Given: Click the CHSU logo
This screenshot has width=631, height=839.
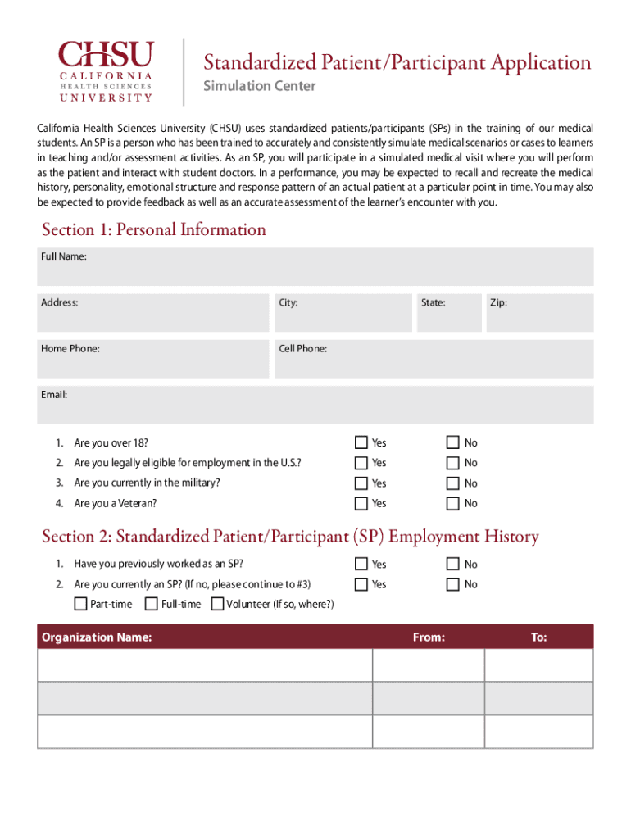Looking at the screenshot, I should (x=105, y=71).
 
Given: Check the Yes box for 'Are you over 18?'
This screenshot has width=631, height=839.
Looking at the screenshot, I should (x=361, y=442).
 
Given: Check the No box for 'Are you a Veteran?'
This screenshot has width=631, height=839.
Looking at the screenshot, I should (x=453, y=503).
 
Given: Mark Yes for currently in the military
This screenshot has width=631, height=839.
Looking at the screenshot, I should (x=361, y=483).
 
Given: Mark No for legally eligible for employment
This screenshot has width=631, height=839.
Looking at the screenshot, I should (x=453, y=463).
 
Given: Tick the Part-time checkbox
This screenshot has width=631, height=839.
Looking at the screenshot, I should (x=80, y=604).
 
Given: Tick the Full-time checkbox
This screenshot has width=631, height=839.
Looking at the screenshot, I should (x=152, y=604).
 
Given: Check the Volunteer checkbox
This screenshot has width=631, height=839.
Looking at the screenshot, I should (x=217, y=604).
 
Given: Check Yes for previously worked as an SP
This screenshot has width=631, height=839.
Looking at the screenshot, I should (x=361, y=564).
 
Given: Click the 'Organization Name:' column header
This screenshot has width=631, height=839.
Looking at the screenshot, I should (x=97, y=637).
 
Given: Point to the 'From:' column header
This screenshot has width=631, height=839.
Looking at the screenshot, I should (x=429, y=637).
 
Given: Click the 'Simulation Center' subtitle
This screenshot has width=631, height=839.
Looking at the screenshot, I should (x=259, y=86).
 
